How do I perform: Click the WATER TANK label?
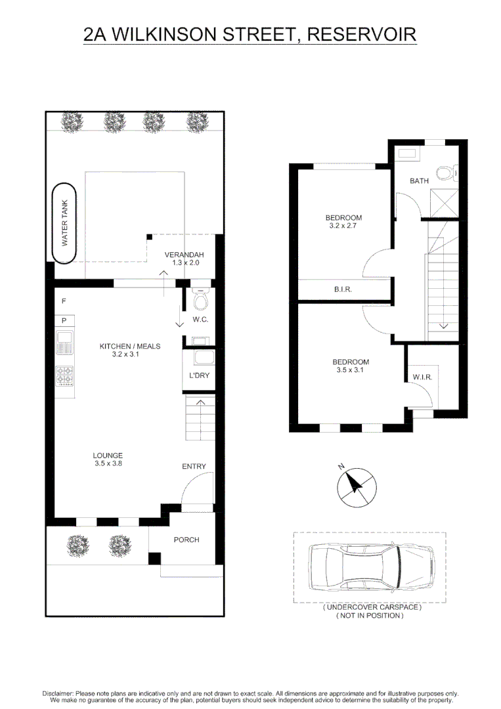pos(65,223)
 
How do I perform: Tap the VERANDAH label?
pos(185,255)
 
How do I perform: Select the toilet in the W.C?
pos(201,300)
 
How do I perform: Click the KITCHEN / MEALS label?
pos(130,346)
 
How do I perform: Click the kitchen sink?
pos(65,343)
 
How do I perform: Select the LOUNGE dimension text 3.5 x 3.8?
pos(108,463)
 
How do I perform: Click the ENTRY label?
pos(194,466)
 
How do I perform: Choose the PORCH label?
pos(186,540)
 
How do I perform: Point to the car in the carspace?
pos(369,567)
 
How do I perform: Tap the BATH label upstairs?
pos(419,181)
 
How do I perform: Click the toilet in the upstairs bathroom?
pos(447,173)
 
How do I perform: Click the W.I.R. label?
pos(422,377)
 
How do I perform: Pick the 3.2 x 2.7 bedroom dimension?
pos(344,226)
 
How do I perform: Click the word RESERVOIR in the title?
pos(362,34)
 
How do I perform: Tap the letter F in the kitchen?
pos(64,301)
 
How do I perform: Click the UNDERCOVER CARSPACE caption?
pos(372,608)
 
